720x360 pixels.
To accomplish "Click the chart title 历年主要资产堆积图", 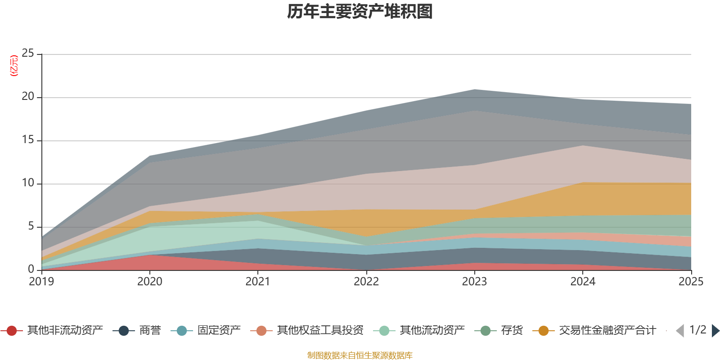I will [360, 12].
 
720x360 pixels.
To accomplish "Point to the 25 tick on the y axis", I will [28, 54].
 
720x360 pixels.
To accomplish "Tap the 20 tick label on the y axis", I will [28, 97].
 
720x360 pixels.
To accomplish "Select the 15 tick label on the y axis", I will [28, 140].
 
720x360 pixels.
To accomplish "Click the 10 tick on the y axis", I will [28, 183].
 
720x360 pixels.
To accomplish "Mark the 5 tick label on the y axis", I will [31, 226].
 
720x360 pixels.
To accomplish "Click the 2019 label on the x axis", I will [41, 282].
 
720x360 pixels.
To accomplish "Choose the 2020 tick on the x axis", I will [149, 282].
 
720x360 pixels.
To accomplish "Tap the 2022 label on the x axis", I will [366, 282].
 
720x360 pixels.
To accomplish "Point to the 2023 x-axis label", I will [474, 282].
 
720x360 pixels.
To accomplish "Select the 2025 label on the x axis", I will [690, 282].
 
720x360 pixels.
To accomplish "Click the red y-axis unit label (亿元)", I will [14, 66].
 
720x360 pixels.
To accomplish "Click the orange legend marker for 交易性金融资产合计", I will [543, 331].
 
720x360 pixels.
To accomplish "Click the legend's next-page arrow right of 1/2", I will [715, 331].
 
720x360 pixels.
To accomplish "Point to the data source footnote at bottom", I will [360, 355].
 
